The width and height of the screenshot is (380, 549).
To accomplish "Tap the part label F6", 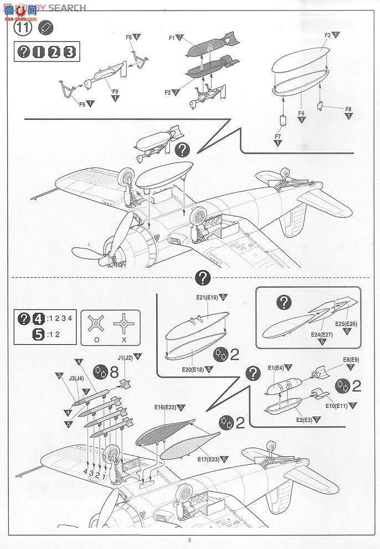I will (x=129, y=38).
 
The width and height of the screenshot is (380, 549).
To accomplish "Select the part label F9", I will (x=115, y=91).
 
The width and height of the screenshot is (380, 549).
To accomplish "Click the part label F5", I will (x=82, y=103).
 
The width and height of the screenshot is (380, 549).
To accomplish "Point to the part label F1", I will (x=172, y=38).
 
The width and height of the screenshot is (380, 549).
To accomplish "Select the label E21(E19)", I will (x=207, y=298).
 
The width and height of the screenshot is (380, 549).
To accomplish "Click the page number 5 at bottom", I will (x=189, y=540).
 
